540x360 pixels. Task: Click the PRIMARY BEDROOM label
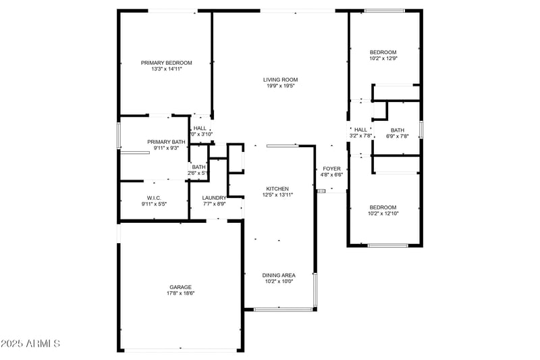167,63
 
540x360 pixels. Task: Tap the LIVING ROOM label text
280,80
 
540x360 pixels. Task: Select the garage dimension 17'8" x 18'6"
180,293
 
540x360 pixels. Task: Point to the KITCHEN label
277,188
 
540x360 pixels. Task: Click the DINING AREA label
279,275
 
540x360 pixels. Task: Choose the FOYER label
331,168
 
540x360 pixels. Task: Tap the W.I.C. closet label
154,197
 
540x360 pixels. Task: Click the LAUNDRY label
214,197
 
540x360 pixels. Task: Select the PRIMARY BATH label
165,141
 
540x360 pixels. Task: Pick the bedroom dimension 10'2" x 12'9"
383,59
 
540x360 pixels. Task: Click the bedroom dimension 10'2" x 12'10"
383,213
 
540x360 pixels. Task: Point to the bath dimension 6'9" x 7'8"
397,136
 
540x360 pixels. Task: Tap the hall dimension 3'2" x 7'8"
361,136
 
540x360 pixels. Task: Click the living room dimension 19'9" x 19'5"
280,86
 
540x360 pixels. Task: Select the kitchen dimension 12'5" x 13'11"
277,195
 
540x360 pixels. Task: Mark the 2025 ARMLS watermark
31,344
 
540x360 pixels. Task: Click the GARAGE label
180,287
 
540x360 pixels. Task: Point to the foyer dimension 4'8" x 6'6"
331,174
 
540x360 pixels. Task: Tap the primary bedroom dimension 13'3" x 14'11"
167,69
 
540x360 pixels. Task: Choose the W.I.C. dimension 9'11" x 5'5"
154,203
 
